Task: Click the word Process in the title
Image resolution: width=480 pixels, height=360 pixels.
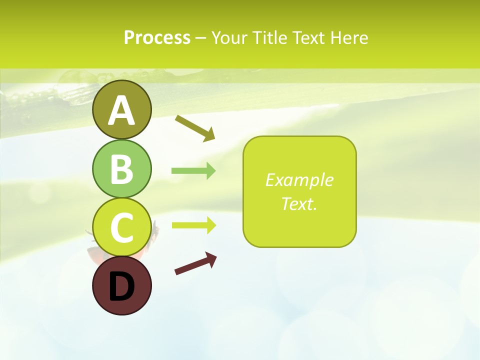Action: pos(157,38)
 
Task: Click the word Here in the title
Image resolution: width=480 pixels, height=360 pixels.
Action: pos(350,38)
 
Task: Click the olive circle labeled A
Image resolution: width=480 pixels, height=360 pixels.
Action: pos(121,109)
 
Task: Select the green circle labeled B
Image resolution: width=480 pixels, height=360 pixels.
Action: pos(121,168)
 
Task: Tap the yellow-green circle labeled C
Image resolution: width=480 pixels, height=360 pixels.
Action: pos(121,227)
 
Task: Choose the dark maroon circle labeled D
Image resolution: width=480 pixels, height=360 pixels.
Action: pos(121,285)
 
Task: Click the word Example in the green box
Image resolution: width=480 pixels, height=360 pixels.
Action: pos(299,180)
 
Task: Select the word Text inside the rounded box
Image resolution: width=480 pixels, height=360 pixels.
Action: pos(297,203)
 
